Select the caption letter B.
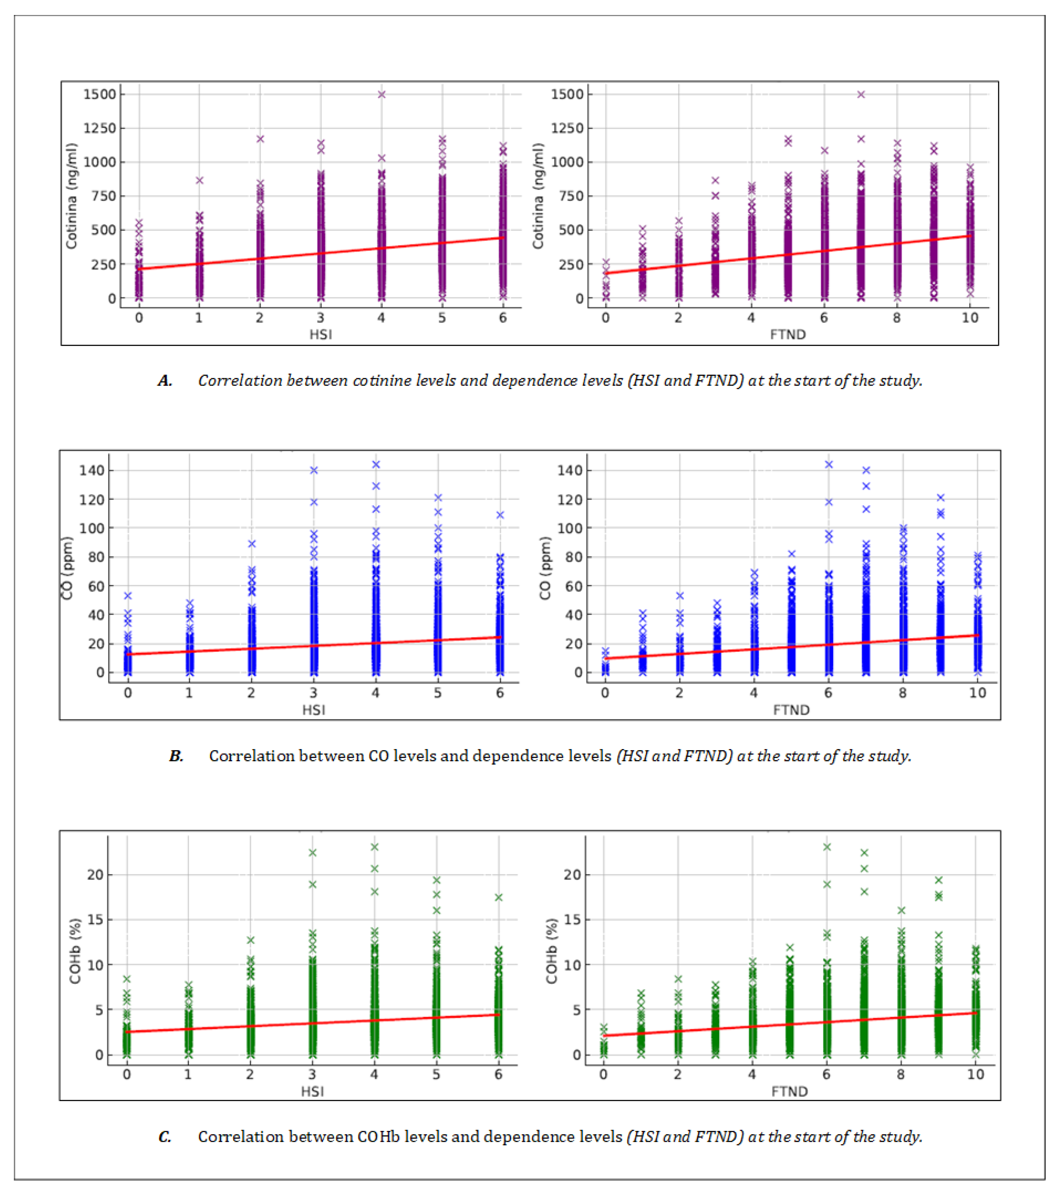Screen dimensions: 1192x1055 click(176, 756)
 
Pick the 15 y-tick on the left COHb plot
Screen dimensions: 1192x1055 click(95, 920)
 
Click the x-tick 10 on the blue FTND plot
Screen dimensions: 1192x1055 click(977, 693)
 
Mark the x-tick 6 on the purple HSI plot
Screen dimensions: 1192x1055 click(503, 318)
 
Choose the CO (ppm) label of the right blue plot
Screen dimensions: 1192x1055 click(545, 568)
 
